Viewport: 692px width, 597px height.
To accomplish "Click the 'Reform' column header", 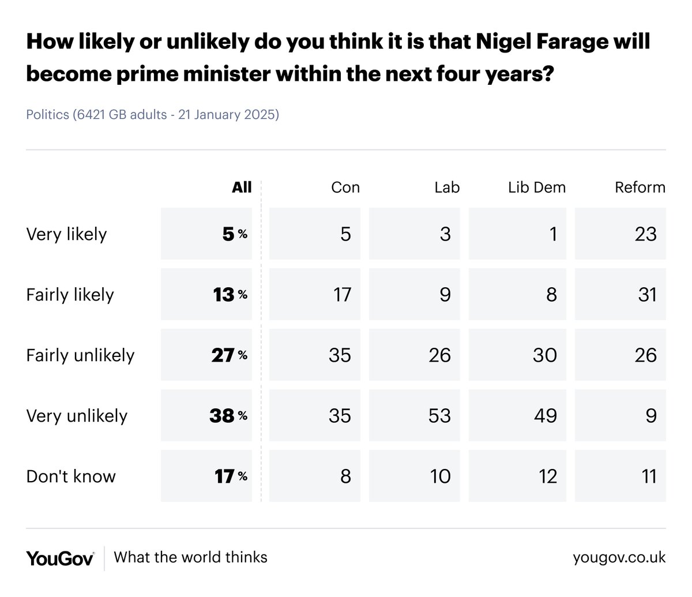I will pos(640,187).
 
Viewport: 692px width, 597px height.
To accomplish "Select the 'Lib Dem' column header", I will pos(536,187).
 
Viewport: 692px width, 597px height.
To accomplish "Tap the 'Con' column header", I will pos(345,187).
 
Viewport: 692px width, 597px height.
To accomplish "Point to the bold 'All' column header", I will pos(242,187).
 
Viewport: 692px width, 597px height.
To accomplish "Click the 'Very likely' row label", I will pos(67,234).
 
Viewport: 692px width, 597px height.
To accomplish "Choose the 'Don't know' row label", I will pos(71,476).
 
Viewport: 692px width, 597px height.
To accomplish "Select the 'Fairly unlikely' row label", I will pos(80,355).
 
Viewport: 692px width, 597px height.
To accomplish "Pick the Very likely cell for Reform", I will pos(620,234).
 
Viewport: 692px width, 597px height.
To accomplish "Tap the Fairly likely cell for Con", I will pos(315,294).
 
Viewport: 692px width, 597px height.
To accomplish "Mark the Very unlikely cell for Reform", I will pos(620,415).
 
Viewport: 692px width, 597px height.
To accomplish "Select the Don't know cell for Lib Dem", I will pos(517,476).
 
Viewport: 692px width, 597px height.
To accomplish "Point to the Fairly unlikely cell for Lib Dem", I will pos(517,355).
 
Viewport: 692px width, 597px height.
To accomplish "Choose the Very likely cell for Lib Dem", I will pos(517,234).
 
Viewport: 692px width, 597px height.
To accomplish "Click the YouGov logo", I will pos(60,558).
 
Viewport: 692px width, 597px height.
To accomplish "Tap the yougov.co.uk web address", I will pos(619,558).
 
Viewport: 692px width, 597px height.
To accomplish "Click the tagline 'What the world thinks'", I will pos(190,557).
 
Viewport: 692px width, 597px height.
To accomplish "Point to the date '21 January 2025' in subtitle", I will pos(228,115).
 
